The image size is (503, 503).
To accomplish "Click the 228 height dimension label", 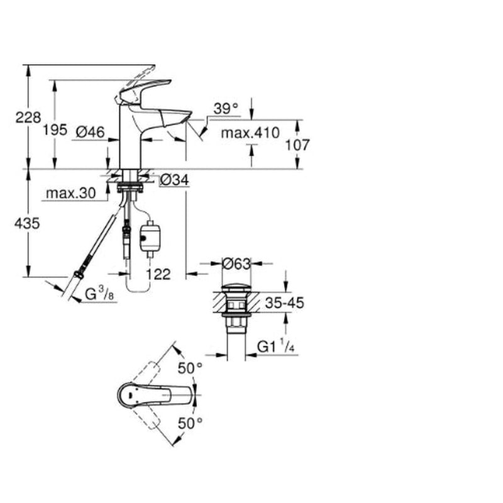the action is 28,118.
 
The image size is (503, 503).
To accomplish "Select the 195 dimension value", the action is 55,130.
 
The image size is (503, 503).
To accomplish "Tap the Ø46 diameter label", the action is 90,132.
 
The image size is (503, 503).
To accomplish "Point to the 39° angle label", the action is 226,109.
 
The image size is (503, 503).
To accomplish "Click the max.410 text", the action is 250,133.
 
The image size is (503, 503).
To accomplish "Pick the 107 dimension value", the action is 297,145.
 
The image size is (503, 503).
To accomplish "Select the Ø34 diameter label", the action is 174,180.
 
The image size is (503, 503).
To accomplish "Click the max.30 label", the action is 71,193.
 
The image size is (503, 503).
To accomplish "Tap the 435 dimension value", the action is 27,223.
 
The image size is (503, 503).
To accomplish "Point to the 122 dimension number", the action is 158,274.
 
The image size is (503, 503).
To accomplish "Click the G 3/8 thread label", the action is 99,294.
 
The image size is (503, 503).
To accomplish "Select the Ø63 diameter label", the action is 236,264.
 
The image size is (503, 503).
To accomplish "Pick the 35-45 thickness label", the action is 284,303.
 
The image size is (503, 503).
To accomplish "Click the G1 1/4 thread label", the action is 275,347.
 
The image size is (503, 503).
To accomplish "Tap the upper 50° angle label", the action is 191,368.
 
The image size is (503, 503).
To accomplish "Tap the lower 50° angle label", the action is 191,423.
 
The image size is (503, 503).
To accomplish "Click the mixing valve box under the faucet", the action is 150,237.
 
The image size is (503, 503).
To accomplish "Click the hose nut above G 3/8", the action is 77,275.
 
